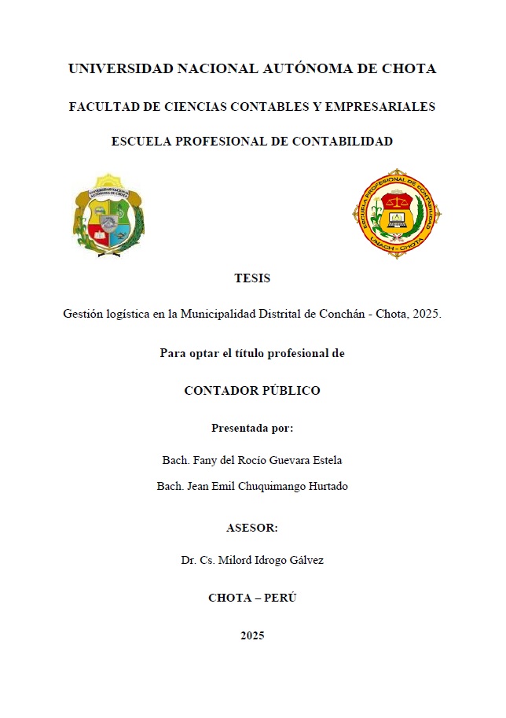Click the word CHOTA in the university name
[409, 69]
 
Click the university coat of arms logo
[108, 215]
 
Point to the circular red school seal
[397, 214]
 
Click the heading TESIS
[252, 278]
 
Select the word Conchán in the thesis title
[343, 314]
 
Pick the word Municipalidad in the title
[215, 314]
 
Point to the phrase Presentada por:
[252, 428]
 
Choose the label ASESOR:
[252, 528]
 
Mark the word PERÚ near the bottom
[280, 598]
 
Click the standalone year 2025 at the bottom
[252, 635]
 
